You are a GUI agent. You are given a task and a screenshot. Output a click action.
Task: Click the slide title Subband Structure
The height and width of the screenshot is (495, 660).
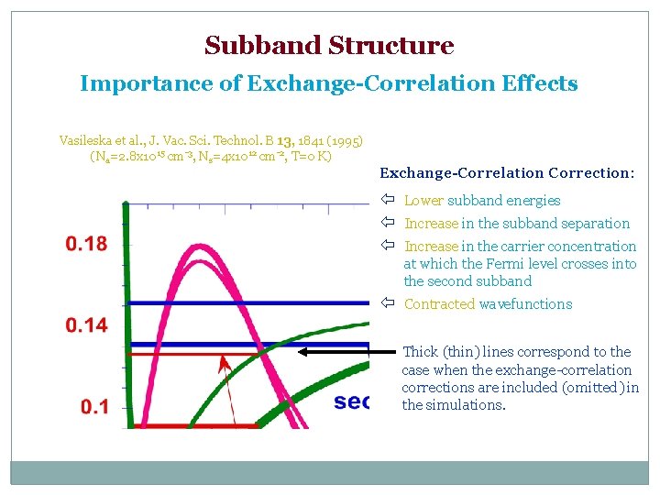329,45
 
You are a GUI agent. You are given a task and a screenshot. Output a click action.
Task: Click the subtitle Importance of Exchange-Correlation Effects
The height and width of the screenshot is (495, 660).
329,83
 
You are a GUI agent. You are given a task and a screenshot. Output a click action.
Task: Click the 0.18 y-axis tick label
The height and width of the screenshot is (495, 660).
85,244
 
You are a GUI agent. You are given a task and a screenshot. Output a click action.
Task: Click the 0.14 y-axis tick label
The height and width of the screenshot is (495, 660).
85,324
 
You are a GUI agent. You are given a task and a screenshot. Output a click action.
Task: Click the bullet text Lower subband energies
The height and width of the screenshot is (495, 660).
482,201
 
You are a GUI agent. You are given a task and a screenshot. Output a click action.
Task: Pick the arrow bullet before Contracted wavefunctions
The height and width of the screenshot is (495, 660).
388,304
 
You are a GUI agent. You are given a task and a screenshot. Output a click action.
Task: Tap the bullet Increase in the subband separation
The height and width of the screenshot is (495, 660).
517,224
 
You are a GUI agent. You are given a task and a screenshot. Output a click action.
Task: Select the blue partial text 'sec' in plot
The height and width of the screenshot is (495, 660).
352,401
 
